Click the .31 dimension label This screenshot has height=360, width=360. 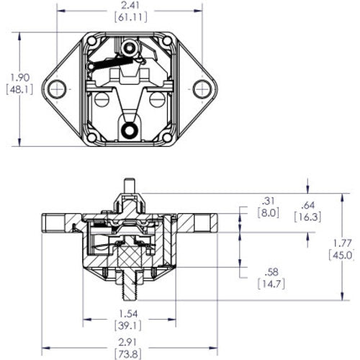coord(268,200)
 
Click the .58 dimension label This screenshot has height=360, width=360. coord(268,271)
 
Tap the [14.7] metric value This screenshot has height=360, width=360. coord(268,284)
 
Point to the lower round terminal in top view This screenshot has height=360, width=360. coord(130,130)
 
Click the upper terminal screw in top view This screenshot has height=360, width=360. coord(130,48)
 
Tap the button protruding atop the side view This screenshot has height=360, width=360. coord(130,186)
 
